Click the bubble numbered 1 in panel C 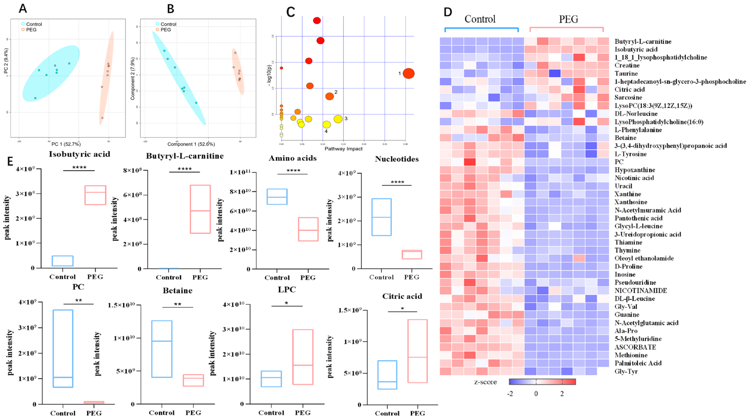point(409,74)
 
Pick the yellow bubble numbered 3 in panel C point(338,119)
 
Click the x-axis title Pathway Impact point(343,149)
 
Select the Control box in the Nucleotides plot point(381,217)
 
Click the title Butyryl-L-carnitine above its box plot point(185,156)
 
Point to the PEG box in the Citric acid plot point(417,351)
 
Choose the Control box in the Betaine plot point(162,349)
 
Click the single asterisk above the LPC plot point(286,303)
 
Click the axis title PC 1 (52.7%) point(66,144)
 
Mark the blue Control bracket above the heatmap point(481,28)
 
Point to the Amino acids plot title point(292,158)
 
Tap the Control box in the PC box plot point(63,349)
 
